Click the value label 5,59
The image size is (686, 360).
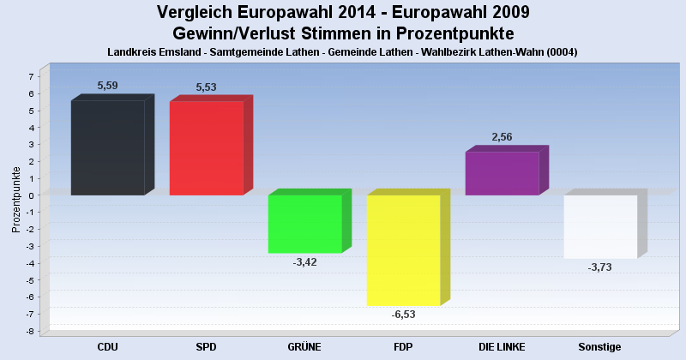[x=108, y=86]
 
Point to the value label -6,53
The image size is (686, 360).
[x=403, y=315]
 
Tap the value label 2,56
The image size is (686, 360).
[x=502, y=137]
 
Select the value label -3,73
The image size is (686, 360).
[x=599, y=267]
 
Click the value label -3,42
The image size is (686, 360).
[x=304, y=262]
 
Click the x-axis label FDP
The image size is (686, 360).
[x=403, y=347]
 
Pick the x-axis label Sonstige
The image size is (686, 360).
[x=599, y=347]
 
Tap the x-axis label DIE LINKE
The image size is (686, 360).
[x=502, y=347]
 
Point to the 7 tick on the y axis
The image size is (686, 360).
[x=31, y=76]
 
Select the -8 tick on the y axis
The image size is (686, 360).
[x=29, y=331]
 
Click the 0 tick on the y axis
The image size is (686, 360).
[x=31, y=195]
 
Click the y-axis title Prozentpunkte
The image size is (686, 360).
[x=16, y=200]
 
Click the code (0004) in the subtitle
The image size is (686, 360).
[x=563, y=52]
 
